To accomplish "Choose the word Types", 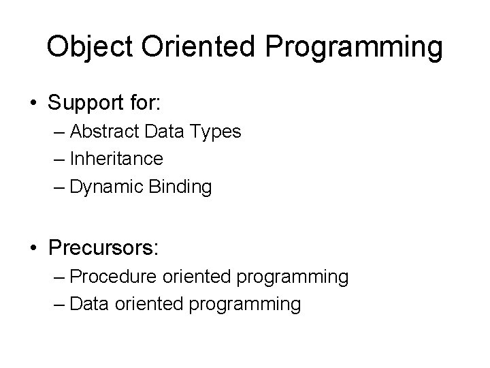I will (217, 132).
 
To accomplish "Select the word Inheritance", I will (116, 159).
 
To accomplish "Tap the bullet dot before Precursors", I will (33, 246).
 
